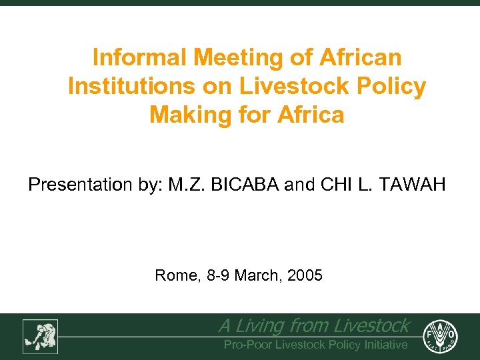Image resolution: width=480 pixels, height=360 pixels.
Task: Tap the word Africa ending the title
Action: point(309,115)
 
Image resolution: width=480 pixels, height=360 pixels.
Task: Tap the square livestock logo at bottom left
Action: point(40,336)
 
